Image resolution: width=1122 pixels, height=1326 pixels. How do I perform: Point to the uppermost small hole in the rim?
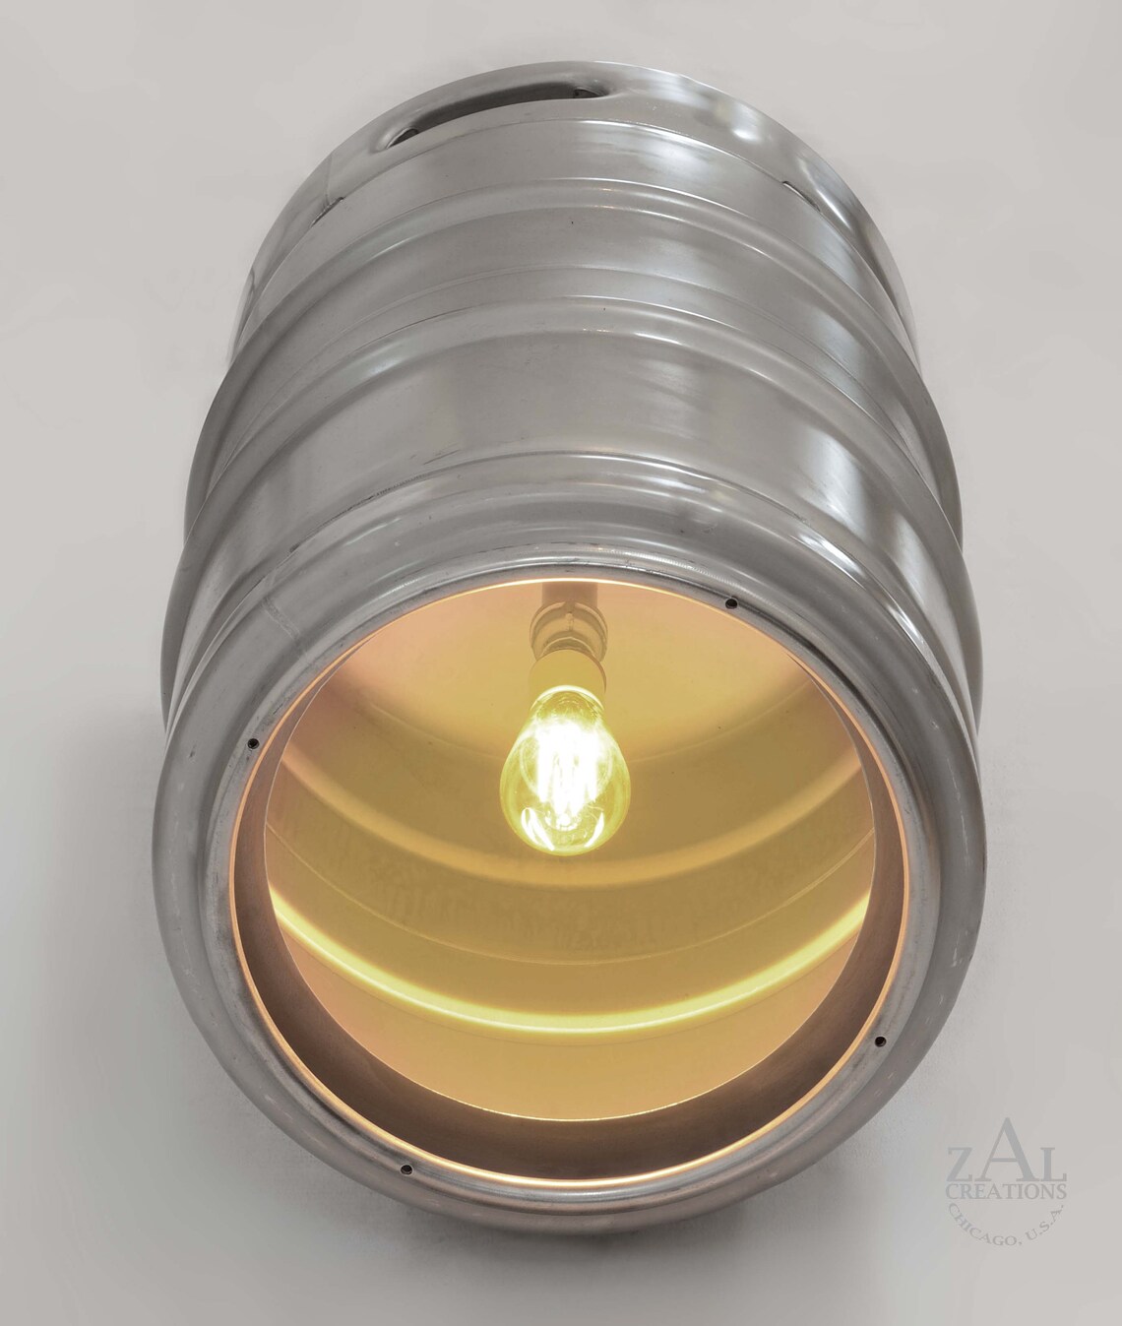pyautogui.click(x=730, y=603)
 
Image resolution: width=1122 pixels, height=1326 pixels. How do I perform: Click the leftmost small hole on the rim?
pyautogui.click(x=254, y=743)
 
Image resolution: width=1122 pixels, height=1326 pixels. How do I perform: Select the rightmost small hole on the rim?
pyautogui.click(x=880, y=1041)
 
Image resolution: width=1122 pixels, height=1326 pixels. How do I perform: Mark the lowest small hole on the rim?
pyautogui.click(x=405, y=1170)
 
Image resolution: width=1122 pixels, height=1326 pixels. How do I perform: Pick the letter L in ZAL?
pyautogui.click(x=1046, y=1158)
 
